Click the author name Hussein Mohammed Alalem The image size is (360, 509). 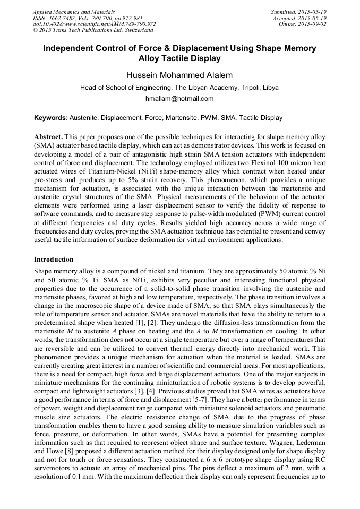pos(179,75)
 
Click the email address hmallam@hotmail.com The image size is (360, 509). pos(179,99)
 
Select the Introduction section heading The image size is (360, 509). pos(54,260)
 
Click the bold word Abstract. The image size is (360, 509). pos(48,136)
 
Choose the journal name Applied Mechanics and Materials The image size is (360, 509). pos(73,12)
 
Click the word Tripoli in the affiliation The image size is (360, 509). pos(239,88)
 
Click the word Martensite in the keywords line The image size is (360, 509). pos(169,118)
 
